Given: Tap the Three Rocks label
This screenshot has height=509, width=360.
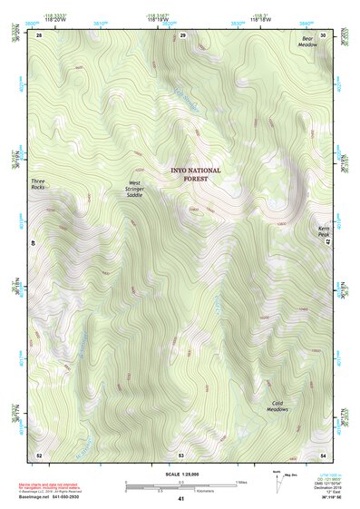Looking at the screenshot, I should tap(38, 184).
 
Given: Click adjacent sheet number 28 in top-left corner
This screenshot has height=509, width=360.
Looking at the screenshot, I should tap(39, 34).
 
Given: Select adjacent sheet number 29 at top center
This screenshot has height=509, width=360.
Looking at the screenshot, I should tap(182, 34).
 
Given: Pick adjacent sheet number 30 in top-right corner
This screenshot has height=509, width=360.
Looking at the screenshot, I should tap(323, 34).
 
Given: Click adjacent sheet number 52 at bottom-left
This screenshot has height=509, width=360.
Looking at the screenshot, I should tap(39, 454).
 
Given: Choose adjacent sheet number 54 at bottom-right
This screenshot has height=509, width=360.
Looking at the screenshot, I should tap(323, 454).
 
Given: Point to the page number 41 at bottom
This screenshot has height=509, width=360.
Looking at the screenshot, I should tap(180, 499).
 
